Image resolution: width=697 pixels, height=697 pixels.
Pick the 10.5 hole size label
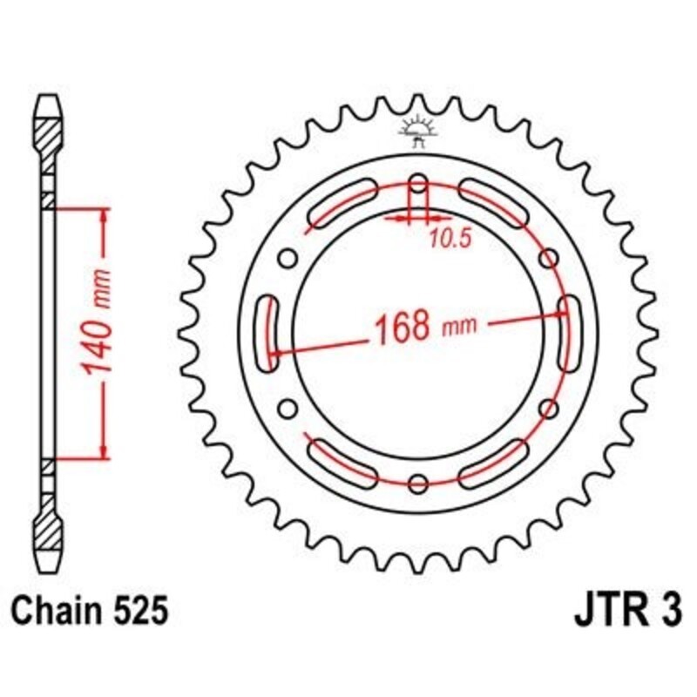(x=450, y=240)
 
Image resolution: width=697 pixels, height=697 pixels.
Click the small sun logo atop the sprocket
(x=417, y=129)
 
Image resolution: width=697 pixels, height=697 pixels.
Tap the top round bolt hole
(x=418, y=184)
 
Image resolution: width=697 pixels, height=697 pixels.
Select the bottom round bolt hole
(x=418, y=484)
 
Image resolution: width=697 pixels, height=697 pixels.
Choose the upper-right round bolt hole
(x=548, y=259)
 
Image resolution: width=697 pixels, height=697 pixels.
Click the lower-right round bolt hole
(x=548, y=409)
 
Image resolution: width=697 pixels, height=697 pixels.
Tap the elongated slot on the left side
(x=269, y=334)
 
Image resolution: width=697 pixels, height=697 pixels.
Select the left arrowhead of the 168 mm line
(x=277, y=353)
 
